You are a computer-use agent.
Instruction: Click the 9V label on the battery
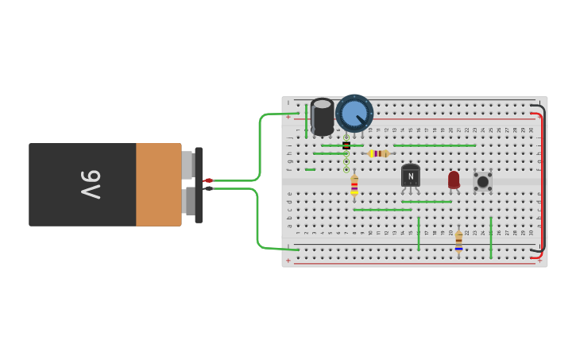(x=91, y=184)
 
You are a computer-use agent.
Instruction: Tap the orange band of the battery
(x=158, y=184)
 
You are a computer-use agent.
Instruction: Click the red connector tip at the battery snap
(x=208, y=181)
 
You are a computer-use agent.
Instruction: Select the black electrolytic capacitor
(x=323, y=116)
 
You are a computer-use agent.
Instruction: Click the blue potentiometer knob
(x=354, y=113)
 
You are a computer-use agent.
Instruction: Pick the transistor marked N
(x=410, y=176)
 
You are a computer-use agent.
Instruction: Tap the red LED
(x=454, y=180)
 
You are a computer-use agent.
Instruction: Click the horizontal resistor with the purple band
(x=379, y=153)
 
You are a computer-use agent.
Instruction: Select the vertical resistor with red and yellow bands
(x=354, y=186)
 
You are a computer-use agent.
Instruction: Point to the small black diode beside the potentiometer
(x=346, y=145)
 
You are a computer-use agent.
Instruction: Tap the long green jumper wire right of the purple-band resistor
(x=435, y=145)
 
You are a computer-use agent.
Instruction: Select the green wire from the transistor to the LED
(x=427, y=202)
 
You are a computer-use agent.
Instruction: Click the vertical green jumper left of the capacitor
(x=306, y=121)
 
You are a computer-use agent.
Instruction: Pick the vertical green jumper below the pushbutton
(x=491, y=237)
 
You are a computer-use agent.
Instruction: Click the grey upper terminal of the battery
(x=188, y=165)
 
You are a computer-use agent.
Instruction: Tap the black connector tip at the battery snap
(x=208, y=188)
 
